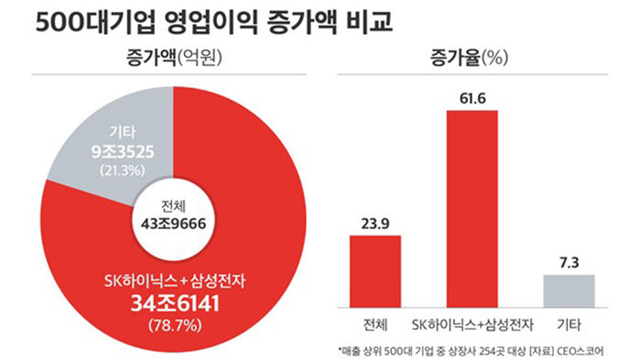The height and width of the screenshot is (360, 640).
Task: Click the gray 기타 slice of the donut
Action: [x=101, y=147]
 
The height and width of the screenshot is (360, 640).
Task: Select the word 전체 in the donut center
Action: [x=173, y=203]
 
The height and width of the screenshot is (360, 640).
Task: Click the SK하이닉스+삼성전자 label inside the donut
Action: [x=173, y=278]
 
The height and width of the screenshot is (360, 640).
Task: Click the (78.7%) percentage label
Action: [x=173, y=322]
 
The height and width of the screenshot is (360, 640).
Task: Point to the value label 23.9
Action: [x=375, y=223]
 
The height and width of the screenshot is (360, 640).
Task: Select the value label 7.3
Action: [x=569, y=262]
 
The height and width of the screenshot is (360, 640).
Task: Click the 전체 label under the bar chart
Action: [x=375, y=324]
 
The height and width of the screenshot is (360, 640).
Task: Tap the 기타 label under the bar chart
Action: [x=569, y=324]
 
